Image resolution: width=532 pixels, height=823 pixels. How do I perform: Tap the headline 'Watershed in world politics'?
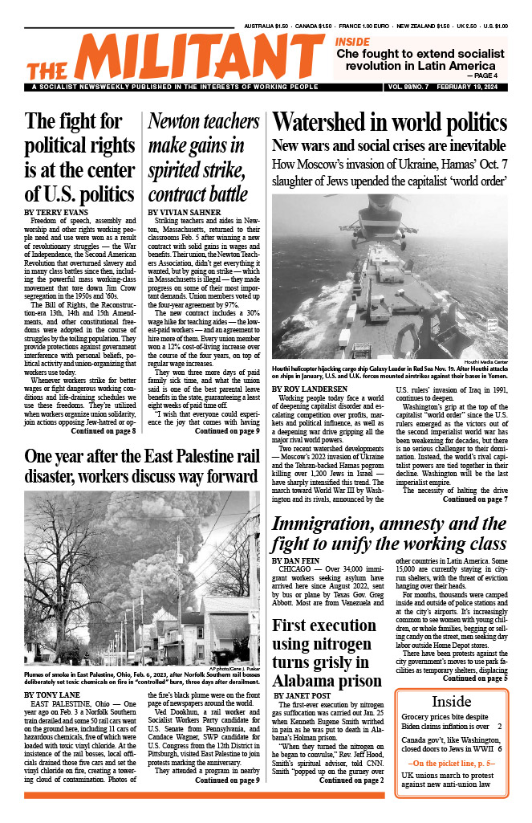(388, 123)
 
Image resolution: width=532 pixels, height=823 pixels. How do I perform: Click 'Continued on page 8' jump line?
(104, 409)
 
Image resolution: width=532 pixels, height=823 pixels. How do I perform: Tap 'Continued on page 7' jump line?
(474, 499)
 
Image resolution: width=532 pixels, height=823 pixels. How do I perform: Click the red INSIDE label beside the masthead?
(353, 41)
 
